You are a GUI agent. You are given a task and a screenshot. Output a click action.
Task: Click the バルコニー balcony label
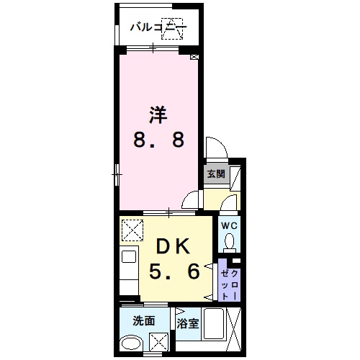158,28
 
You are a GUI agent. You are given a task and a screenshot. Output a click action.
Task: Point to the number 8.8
158,139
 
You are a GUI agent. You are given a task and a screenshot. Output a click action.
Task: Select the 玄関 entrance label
215,174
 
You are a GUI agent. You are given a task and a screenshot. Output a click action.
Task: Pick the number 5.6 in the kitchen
174,273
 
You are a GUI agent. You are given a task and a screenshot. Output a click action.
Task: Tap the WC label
228,225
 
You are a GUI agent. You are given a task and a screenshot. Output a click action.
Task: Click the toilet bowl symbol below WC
228,243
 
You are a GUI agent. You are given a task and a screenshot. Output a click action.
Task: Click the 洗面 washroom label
143,320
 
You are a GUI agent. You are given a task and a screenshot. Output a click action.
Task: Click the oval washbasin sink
130,343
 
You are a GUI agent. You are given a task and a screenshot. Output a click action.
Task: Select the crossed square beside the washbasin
163,341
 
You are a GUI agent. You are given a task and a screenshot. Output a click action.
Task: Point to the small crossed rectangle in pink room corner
194,56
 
